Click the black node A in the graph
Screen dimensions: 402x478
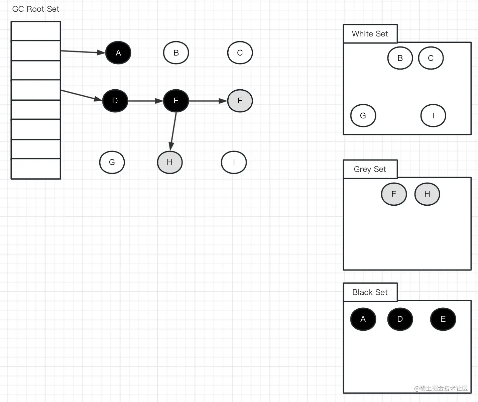[118, 53]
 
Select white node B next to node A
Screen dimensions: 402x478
[176, 53]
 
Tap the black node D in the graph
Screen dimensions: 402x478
[115, 101]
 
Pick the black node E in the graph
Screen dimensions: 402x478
[176, 101]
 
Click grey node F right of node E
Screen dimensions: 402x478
[240, 101]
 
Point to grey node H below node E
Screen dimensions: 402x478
[170, 162]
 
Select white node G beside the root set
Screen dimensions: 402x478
[112, 162]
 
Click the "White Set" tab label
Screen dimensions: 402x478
[370, 34]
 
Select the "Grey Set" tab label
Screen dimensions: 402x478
[370, 169]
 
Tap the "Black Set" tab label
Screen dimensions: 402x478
[370, 292]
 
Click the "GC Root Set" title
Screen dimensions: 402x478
[36, 9]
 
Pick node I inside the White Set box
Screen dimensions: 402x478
[433, 116]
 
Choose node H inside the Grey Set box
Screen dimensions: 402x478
[427, 194]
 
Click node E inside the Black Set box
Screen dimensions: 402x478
[443, 319]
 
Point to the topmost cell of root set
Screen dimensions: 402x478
[36, 31]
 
